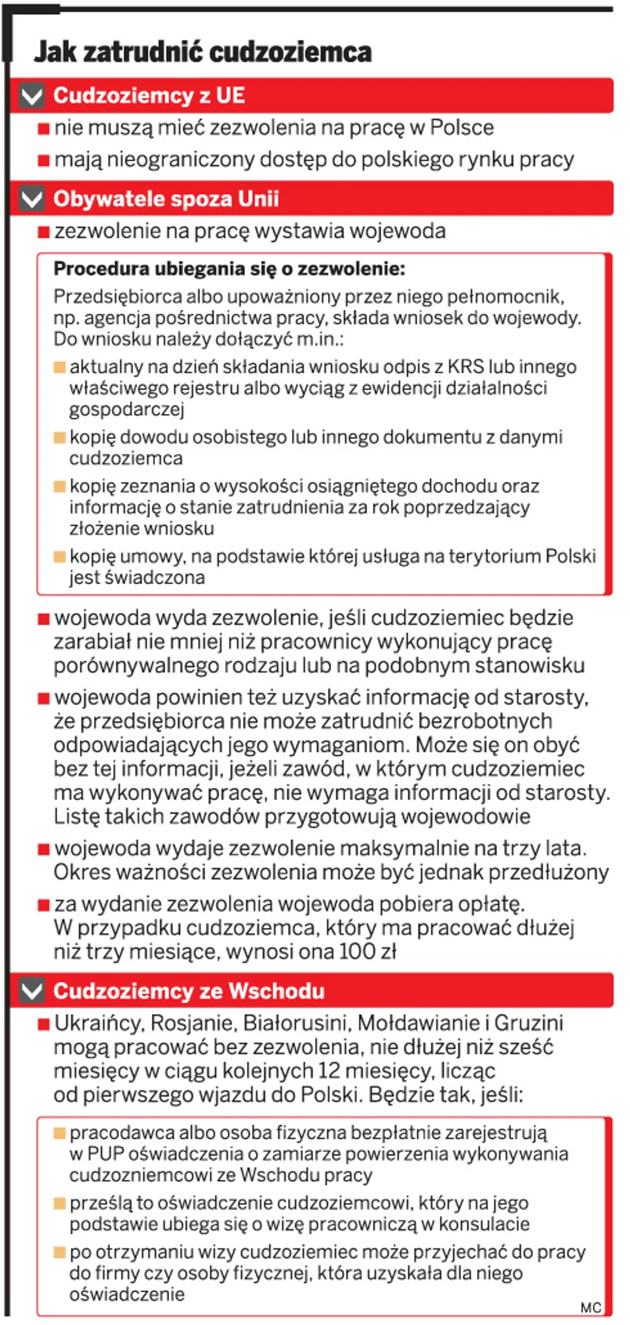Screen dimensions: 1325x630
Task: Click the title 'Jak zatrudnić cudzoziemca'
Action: point(203,52)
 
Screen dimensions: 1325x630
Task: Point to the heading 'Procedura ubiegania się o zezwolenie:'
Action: point(229,269)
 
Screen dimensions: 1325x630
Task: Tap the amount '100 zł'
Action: point(367,952)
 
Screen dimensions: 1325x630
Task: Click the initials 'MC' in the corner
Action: point(591,1308)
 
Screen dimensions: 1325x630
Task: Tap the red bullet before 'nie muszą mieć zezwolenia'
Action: point(44,129)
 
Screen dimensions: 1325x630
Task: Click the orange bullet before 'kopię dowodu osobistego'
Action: point(59,437)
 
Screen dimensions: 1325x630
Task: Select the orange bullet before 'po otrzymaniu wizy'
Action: point(59,1253)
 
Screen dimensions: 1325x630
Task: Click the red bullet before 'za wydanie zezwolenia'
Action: point(44,906)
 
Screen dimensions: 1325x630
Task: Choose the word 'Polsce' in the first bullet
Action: point(462,128)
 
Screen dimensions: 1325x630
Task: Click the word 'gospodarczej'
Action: point(126,409)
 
